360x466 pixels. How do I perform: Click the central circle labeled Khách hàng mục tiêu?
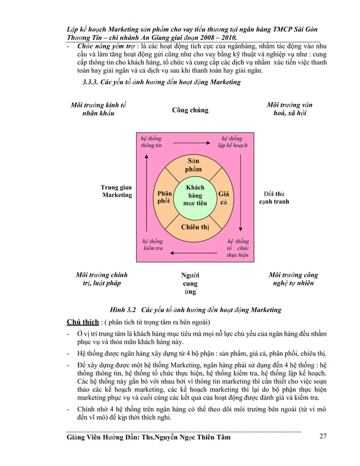pyautogui.click(x=190, y=195)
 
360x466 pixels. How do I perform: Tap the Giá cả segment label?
pyautogui.click(x=224, y=197)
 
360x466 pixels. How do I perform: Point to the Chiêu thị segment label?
pyautogui.click(x=195, y=227)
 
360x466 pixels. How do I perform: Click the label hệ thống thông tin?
pyautogui.click(x=151, y=142)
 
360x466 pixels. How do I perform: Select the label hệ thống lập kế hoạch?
pyautogui.click(x=232, y=142)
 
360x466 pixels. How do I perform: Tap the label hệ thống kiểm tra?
pyautogui.click(x=152, y=245)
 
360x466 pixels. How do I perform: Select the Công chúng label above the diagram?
pyautogui.click(x=190, y=110)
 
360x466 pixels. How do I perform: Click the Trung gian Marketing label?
pyautogui.click(x=117, y=191)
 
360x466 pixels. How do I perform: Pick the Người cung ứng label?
pyautogui.click(x=190, y=284)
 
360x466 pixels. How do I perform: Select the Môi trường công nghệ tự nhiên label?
pyautogui.click(x=293, y=279)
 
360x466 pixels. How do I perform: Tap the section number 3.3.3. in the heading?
pyautogui.click(x=94, y=82)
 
